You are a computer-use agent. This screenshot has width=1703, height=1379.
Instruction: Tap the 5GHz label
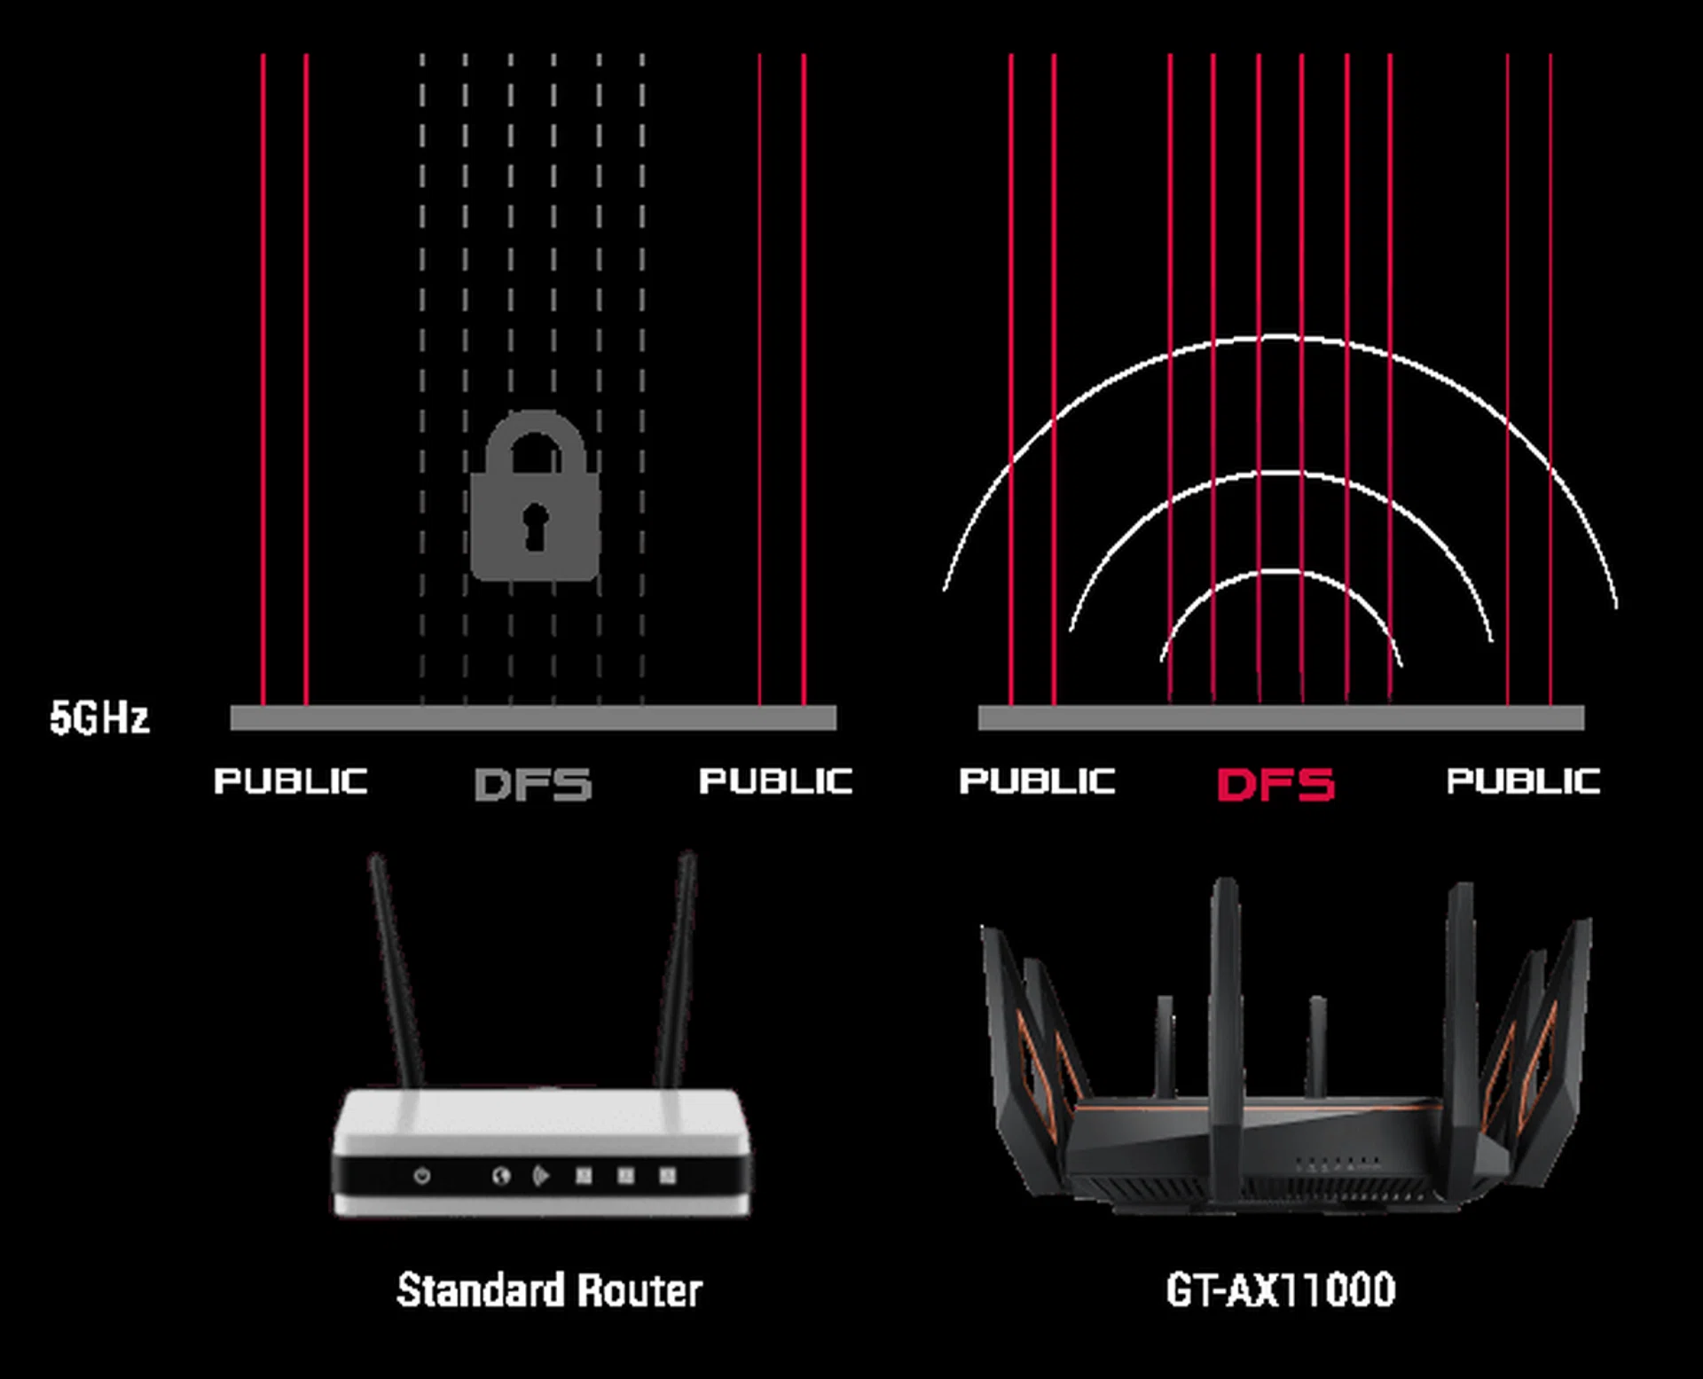[x=99, y=717]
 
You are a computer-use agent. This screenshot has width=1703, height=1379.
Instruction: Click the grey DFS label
[x=533, y=784]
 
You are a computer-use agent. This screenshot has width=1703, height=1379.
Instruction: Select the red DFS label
[x=1275, y=784]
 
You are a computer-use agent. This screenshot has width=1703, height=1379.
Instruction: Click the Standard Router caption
[x=549, y=1290]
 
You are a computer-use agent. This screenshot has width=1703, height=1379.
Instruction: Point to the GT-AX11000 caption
[x=1280, y=1290]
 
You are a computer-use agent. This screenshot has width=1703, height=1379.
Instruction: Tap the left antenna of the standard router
[x=395, y=967]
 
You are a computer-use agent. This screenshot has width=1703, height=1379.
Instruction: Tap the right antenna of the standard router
[x=678, y=967]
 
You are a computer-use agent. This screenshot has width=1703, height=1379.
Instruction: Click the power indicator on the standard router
[x=422, y=1176]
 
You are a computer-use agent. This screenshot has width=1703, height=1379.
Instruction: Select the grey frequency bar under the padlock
[x=533, y=717]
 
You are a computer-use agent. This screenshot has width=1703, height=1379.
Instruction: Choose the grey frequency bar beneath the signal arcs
[x=1281, y=717]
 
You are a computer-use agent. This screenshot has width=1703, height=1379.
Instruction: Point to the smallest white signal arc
[x=1279, y=573]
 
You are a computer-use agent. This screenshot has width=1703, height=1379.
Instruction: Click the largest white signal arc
[x=1279, y=338]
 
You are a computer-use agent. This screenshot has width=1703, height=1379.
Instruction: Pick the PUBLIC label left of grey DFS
[x=291, y=781]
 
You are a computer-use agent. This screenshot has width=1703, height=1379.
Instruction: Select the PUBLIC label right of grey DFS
[x=776, y=781]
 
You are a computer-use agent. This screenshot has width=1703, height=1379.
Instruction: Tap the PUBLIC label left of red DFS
[x=1037, y=781]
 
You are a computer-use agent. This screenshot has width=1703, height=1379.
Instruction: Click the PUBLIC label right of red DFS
[x=1524, y=781]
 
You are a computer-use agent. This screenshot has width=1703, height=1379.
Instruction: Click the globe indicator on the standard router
[x=501, y=1176]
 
